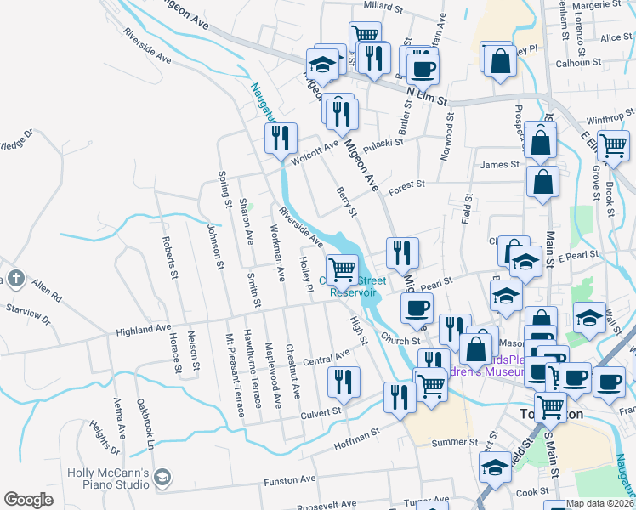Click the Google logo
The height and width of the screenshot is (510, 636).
click(x=28, y=500)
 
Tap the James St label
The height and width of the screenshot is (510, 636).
click(x=498, y=165)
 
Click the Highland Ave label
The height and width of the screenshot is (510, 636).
click(x=145, y=328)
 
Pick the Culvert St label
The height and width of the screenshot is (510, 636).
click(x=320, y=411)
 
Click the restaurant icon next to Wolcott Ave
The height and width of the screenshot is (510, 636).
click(x=280, y=138)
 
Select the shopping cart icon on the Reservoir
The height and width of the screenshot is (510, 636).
click(x=342, y=269)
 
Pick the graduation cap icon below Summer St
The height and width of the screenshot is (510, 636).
click(x=496, y=467)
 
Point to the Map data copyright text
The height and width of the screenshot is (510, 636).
click(x=599, y=503)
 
